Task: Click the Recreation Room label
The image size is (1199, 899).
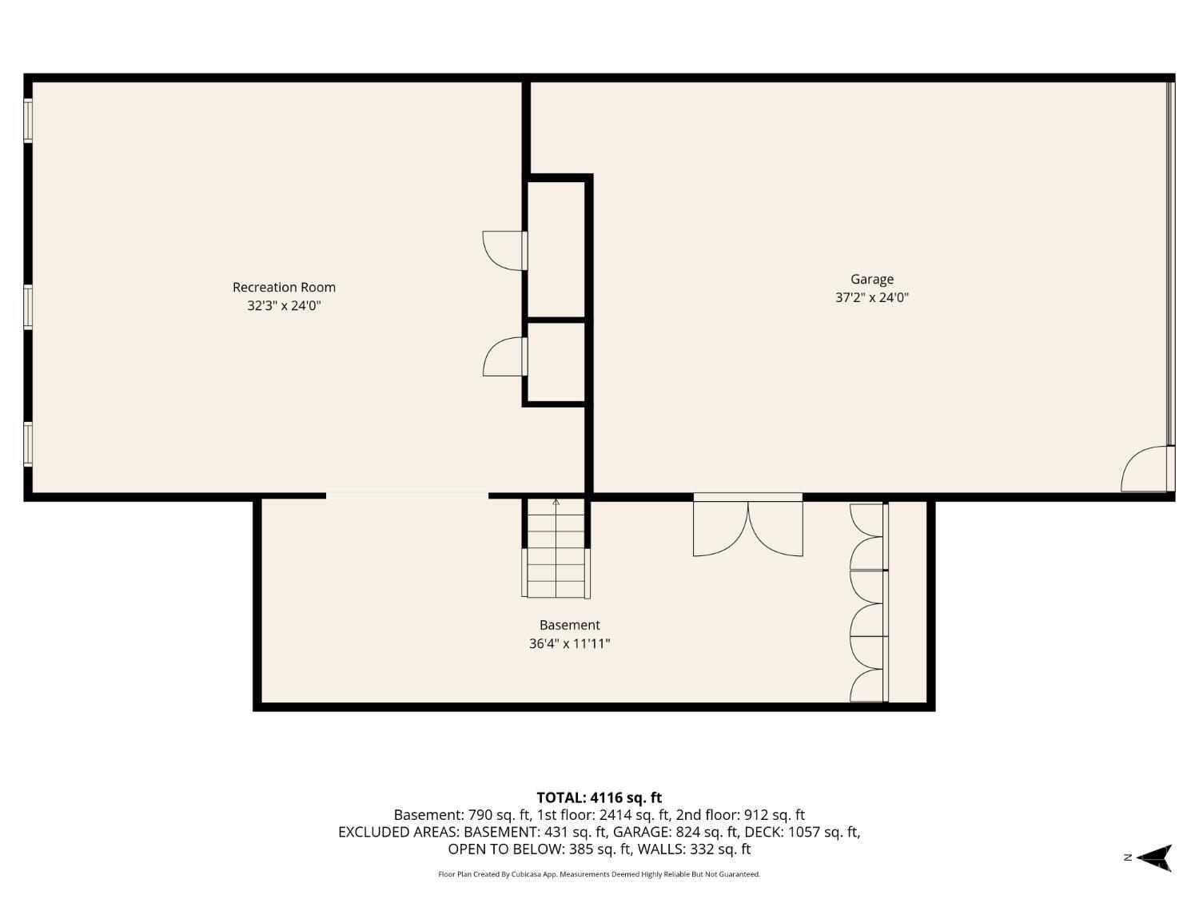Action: click(284, 287)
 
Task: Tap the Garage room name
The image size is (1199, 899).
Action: click(872, 280)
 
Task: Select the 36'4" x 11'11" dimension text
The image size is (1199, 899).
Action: click(569, 643)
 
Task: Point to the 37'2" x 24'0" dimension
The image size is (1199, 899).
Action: click(872, 297)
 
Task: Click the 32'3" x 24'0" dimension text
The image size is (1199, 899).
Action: click(284, 306)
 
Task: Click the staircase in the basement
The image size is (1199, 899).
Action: click(556, 548)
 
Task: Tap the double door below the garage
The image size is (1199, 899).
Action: click(748, 525)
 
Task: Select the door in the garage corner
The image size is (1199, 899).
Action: click(1147, 469)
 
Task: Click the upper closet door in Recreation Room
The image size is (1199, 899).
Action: click(505, 251)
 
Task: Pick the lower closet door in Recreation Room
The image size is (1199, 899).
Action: click(505, 356)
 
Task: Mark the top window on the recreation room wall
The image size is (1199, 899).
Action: click(28, 121)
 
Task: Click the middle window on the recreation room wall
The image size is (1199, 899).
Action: click(28, 307)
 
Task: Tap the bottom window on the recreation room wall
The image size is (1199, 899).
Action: click(28, 444)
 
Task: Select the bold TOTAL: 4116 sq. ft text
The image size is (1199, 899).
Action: click(599, 798)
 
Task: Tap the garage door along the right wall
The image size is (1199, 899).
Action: click(1170, 263)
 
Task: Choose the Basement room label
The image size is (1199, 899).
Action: click(570, 625)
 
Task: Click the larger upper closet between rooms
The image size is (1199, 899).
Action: click(556, 249)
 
